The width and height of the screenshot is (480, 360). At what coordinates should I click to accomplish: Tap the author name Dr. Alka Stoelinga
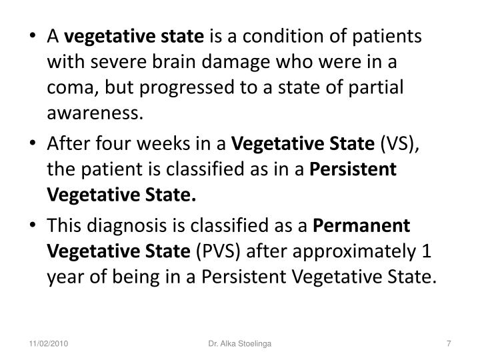point(239,343)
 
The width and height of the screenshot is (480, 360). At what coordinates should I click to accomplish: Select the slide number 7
point(449,343)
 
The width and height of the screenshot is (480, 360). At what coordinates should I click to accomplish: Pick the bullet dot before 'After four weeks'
point(33,144)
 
